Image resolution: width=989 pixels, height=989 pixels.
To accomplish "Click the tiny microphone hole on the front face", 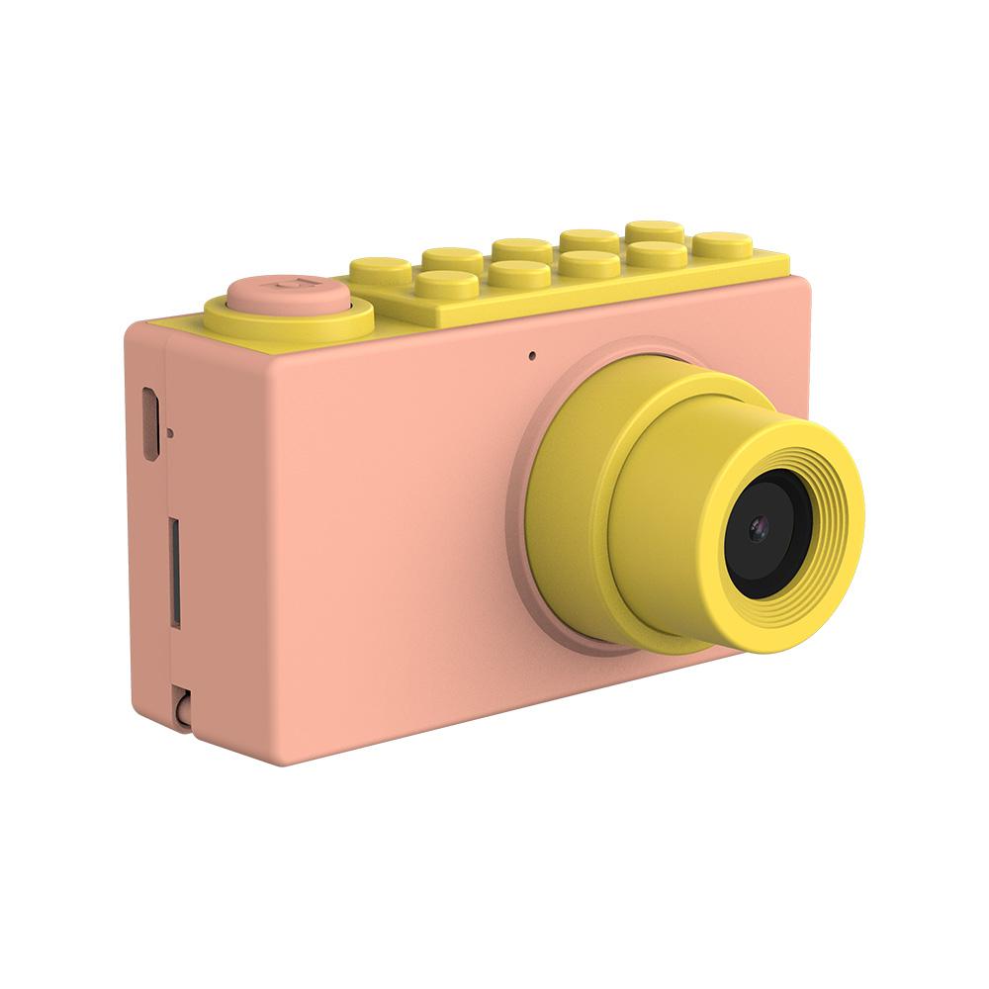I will click(x=532, y=354).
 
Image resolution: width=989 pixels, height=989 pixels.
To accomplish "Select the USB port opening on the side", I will click(x=150, y=424).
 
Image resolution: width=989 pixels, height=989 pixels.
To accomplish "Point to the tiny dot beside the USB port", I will click(x=172, y=432).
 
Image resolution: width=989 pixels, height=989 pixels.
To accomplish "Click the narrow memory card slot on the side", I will click(x=175, y=571).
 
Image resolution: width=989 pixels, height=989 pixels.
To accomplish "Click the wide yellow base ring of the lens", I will click(x=564, y=514).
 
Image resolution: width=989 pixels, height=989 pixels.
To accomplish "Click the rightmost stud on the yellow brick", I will click(x=722, y=241).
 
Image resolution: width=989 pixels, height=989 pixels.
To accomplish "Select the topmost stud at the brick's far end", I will click(x=654, y=228).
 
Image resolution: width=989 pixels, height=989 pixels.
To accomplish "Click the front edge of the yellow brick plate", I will click(x=593, y=302).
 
